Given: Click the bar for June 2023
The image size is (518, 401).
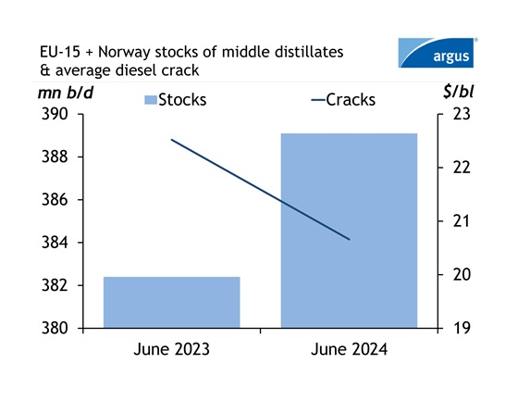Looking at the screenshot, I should pos(171,302).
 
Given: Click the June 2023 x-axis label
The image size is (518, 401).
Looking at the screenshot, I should pos(171,350).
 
